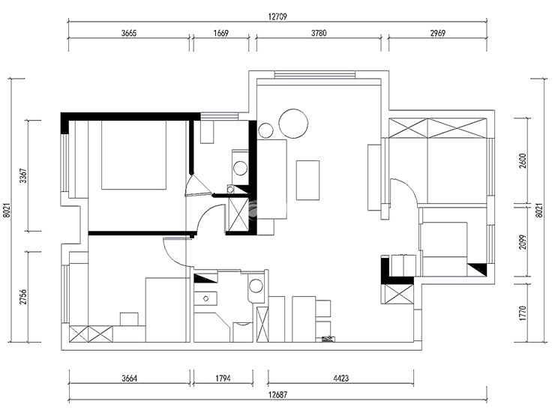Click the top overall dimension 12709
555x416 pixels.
pos(277,16)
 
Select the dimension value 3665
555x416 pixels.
pos(129,33)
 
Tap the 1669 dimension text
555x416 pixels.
pos(220,33)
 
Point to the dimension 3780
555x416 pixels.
pos(319,33)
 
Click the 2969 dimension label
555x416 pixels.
pos(437,33)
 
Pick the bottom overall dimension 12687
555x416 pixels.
pos(277,394)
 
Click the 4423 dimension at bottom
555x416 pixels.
pos(340,379)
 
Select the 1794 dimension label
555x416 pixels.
pos(223,379)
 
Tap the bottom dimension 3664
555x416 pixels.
pos(129,379)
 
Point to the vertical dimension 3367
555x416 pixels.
pos(23,175)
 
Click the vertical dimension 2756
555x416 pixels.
pos(23,297)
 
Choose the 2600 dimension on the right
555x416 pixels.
pos(523,161)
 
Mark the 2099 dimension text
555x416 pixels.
pos(523,242)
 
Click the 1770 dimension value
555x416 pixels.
pos(523,313)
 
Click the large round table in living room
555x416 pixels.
pos(293,124)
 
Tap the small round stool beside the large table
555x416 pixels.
pos(265,130)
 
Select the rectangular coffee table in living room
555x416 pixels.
pos(308,181)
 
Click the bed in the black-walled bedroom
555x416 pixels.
pos(133,155)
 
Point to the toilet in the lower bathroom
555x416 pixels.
pos(255,286)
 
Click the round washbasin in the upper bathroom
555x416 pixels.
pos(241,168)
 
